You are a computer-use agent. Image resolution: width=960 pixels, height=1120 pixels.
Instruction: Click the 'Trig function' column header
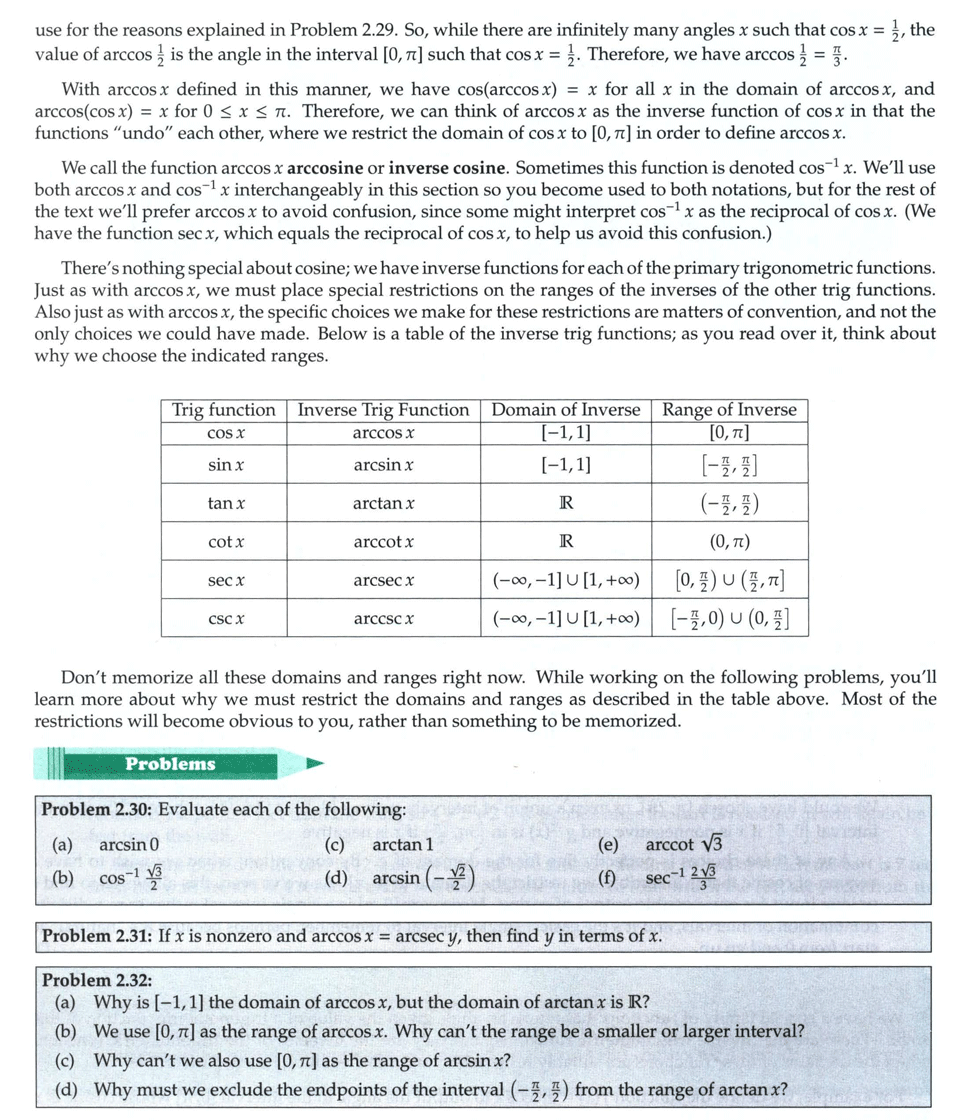tap(224, 410)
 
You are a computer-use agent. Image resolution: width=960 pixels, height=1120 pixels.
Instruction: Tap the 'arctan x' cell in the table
tap(384, 504)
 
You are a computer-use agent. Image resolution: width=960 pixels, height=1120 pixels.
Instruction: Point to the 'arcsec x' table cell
tap(384, 580)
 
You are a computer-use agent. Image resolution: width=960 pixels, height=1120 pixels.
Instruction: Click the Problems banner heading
tap(170, 764)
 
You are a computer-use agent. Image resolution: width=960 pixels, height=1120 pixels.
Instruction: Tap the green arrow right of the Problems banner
tap(315, 764)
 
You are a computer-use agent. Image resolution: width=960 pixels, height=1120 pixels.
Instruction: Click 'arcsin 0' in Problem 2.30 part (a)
tap(129, 845)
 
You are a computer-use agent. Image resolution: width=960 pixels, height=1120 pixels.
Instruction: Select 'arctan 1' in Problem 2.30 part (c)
tap(402, 845)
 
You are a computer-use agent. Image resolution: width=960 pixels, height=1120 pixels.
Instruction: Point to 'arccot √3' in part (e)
tap(685, 845)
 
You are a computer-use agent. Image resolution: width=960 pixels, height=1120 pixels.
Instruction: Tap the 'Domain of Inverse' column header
tap(566, 410)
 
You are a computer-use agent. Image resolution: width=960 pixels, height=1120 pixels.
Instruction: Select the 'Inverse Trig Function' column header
tap(384, 410)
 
